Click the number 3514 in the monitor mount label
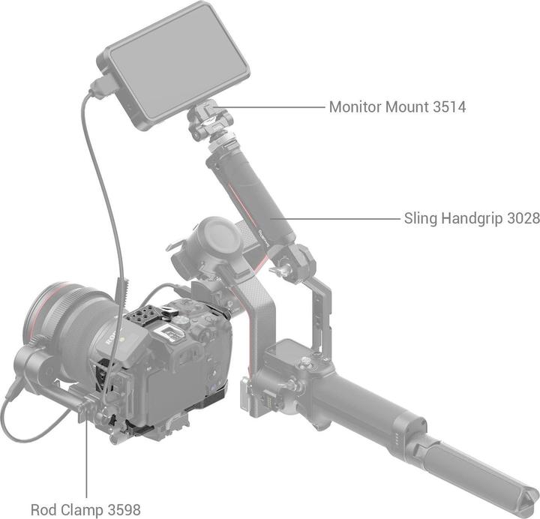[x=449, y=107]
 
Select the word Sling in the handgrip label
[x=421, y=219]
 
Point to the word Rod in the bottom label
[x=43, y=509]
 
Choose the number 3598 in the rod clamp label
[x=122, y=509]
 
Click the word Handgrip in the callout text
[x=471, y=219]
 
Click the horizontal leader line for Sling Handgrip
[x=337, y=219]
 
